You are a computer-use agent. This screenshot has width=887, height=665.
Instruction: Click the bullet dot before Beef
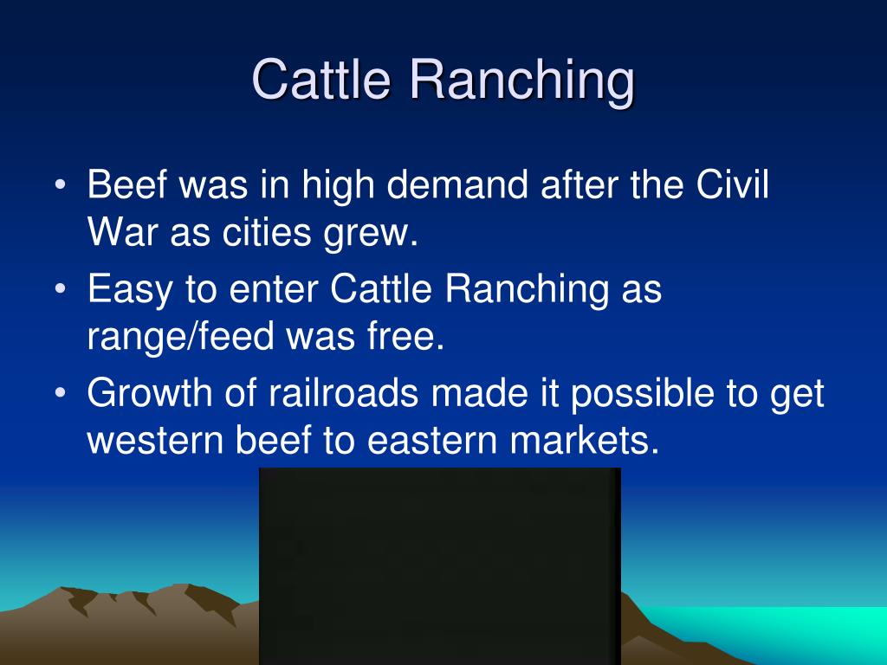61,186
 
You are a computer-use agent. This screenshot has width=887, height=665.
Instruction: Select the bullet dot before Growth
61,394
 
